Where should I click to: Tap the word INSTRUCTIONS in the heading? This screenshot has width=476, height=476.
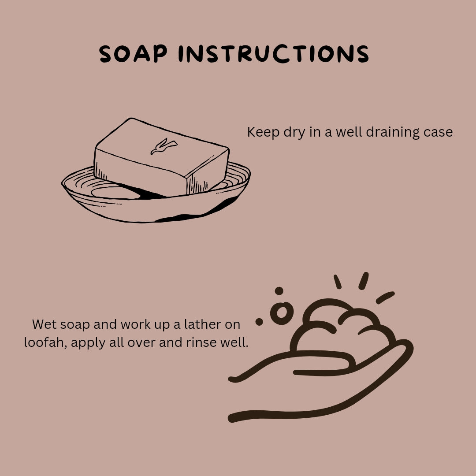pos(274,55)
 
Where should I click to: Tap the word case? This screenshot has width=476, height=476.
pos(439,132)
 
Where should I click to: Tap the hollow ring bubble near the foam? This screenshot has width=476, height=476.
pos(282,312)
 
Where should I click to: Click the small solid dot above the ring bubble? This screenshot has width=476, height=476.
pos(279,291)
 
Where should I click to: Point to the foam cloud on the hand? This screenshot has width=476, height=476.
pos(342,331)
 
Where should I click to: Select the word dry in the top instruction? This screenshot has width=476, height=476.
pos(294,132)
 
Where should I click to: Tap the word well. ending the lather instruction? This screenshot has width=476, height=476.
pos(234,342)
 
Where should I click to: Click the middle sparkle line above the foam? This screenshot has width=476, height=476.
pos(364,281)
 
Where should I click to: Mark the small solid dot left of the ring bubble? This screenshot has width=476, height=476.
pos(259,322)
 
